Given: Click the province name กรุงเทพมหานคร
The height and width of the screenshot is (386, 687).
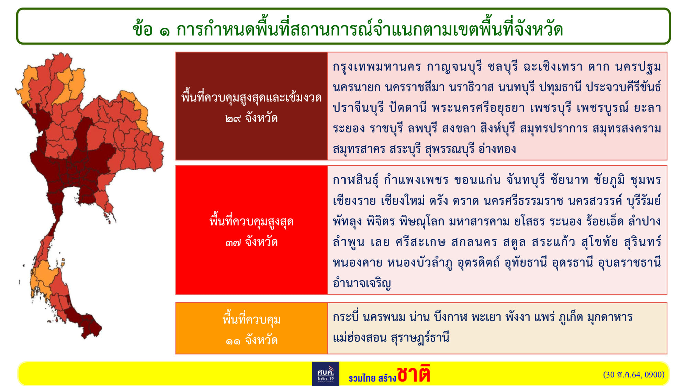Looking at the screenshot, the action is (377, 67).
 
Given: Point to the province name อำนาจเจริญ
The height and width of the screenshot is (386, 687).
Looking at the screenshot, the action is (362, 283).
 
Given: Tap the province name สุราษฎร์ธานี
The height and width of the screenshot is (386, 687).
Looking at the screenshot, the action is (420, 338).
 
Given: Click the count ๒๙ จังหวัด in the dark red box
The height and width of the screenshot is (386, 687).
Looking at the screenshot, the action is (251, 119).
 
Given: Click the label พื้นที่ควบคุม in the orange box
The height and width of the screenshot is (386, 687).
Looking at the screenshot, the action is (251, 319).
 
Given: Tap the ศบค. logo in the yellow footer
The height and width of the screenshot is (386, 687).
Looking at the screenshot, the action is (326, 374).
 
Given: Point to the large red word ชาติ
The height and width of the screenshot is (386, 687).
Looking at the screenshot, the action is (413, 374).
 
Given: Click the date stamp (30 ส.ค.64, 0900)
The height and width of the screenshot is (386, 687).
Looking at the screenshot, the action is (634, 375).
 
